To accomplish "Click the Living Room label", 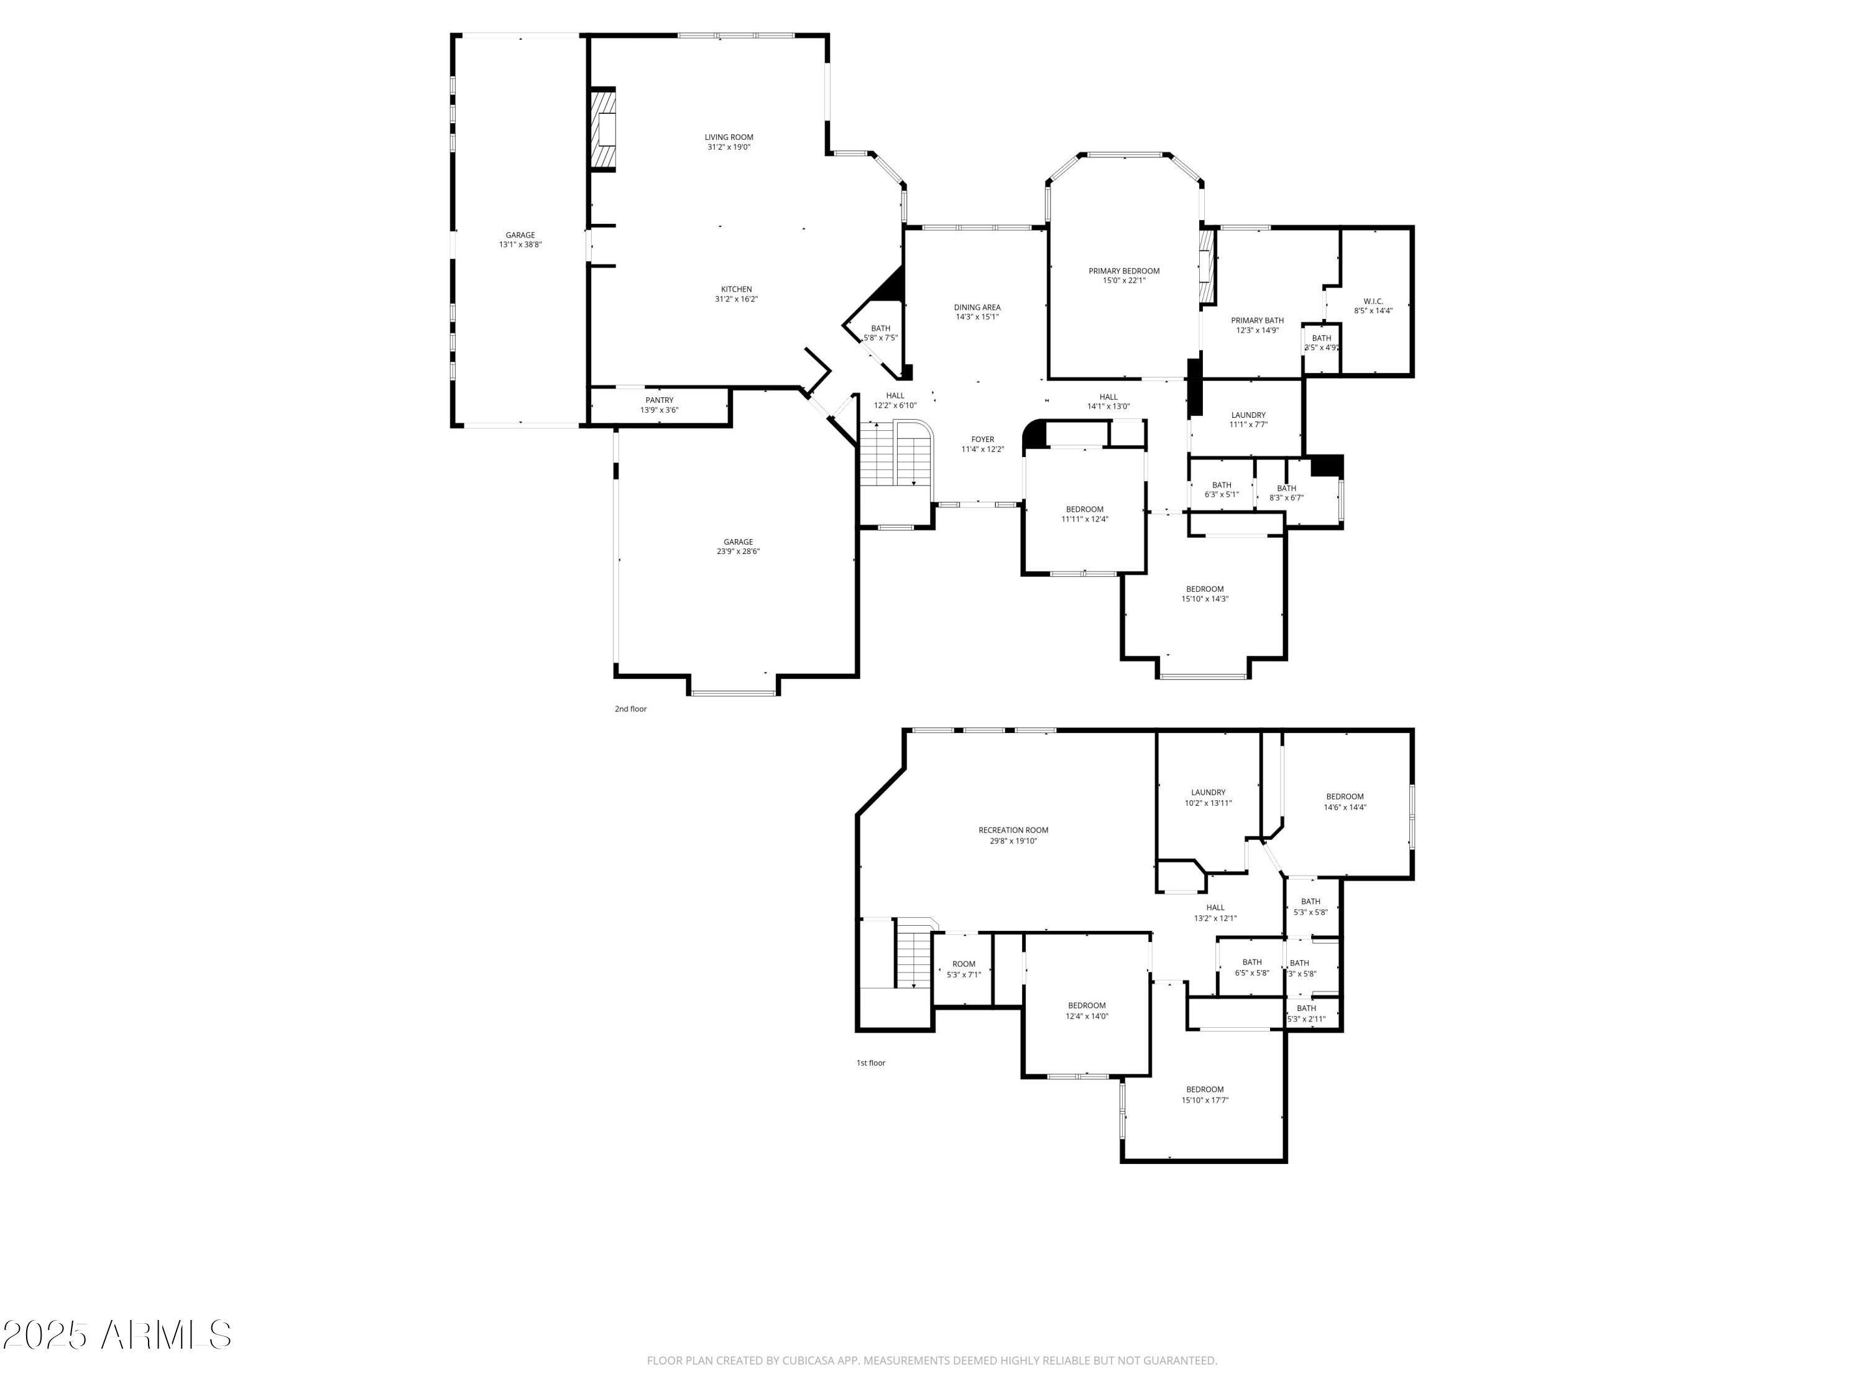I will click(x=729, y=137).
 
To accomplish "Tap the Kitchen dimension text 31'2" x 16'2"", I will click(x=736, y=299).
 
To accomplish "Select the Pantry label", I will click(x=660, y=400).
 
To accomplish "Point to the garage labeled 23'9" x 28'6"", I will click(x=738, y=547).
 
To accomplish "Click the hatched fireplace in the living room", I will click(x=604, y=131).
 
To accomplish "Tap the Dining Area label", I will click(x=977, y=308).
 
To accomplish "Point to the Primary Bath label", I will click(x=1257, y=320).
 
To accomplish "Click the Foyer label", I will click(x=982, y=440).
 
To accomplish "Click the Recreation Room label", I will click(x=1013, y=831).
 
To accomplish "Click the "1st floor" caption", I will click(x=871, y=1063).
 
